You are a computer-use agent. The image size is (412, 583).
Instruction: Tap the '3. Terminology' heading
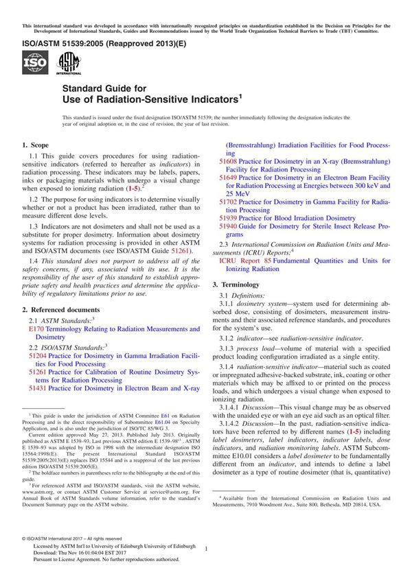click(x=240, y=284)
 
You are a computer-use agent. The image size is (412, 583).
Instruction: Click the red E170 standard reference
click(x=36, y=330)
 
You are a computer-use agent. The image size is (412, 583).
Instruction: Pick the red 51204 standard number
click(x=38, y=358)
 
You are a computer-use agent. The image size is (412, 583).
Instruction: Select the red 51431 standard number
click(x=38, y=388)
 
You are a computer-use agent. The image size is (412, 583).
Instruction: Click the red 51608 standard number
click(x=228, y=162)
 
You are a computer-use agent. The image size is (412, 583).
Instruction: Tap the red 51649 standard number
click(x=228, y=178)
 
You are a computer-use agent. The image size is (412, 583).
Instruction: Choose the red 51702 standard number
click(x=228, y=202)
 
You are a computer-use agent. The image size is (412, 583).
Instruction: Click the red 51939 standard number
click(x=228, y=218)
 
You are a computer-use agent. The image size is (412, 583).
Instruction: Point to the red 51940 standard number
click(x=228, y=226)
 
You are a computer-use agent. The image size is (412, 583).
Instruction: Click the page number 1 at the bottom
click(x=206, y=549)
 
